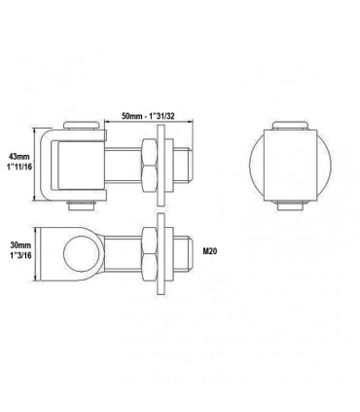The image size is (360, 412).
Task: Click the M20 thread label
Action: click(210, 251)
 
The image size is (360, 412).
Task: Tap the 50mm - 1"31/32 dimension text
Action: click(148, 116)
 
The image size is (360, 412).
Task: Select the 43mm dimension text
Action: click(18, 157)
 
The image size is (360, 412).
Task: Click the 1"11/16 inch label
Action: click(20, 167)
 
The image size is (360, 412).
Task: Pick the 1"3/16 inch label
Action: click(20, 255)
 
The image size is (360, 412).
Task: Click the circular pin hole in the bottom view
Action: click(81, 253)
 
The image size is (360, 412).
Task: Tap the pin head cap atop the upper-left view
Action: click(81, 126)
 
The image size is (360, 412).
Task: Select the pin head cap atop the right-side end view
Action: click(290, 126)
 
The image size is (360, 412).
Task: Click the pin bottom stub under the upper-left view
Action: click(81, 206)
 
